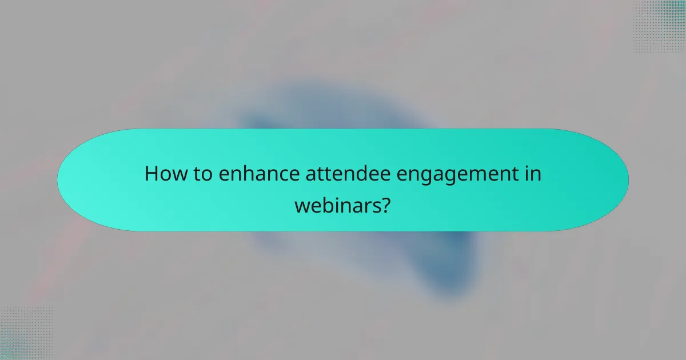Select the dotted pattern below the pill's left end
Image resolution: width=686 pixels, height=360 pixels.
pyautogui.click(x=26, y=334)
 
